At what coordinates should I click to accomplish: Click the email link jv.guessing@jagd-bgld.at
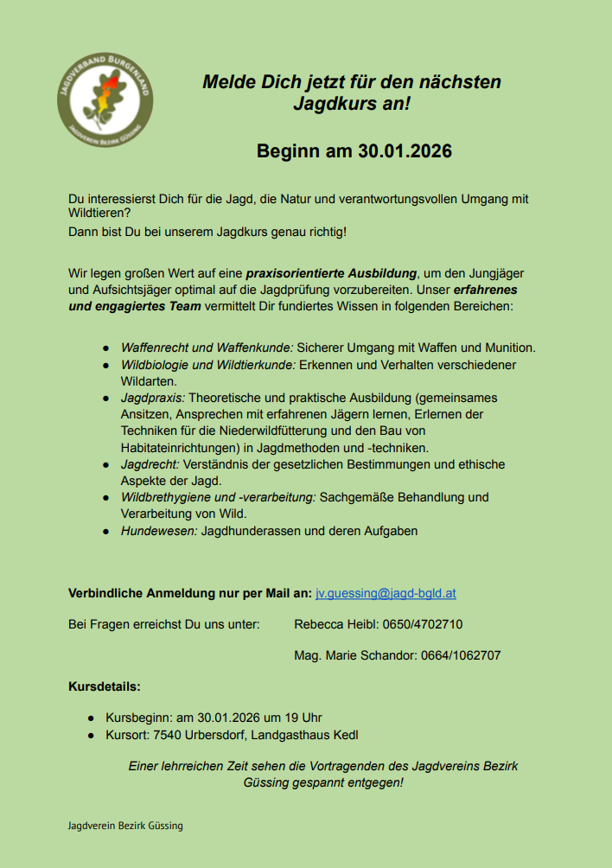tap(386, 593)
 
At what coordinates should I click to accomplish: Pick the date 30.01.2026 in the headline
tap(405, 151)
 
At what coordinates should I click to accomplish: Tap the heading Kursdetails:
tap(105, 687)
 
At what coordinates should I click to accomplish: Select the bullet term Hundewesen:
tap(159, 531)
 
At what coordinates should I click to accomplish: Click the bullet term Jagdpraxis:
tap(152, 398)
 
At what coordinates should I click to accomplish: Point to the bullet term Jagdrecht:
tap(150, 464)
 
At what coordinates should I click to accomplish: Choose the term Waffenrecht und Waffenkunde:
tap(207, 348)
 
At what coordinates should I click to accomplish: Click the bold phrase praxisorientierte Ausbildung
tap(331, 273)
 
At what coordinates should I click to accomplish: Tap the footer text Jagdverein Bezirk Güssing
tap(125, 826)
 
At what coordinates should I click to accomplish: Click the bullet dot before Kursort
tap(91, 736)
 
